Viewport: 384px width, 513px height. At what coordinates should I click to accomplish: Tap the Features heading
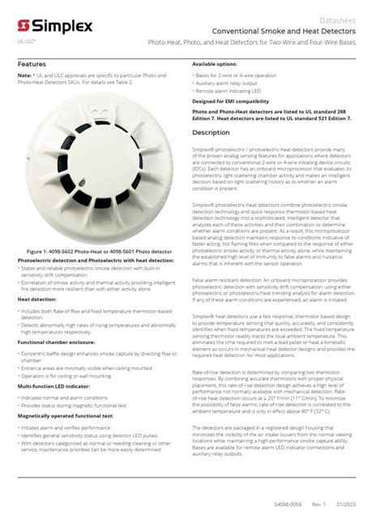pyautogui.click(x=32, y=63)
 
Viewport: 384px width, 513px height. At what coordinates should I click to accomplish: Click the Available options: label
pyautogui.click(x=215, y=63)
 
